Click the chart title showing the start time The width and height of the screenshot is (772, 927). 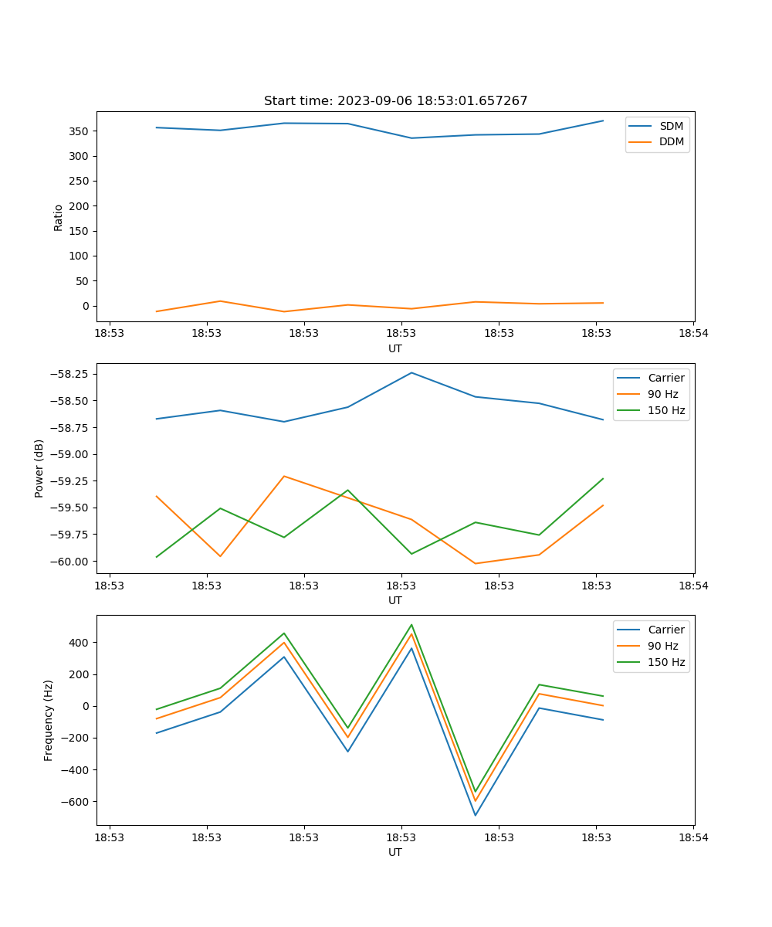(x=395, y=101)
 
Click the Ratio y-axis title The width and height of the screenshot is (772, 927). (x=59, y=217)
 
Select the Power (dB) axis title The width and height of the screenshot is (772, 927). (x=39, y=468)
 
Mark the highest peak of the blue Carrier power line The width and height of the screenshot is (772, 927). (x=411, y=373)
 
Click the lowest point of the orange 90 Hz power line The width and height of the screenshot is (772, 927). (x=476, y=563)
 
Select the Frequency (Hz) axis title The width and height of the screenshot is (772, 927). (x=49, y=720)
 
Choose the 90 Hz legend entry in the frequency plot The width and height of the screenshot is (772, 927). (x=662, y=646)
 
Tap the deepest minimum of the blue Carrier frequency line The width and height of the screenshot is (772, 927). (x=476, y=815)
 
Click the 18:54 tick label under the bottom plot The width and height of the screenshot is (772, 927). (x=693, y=837)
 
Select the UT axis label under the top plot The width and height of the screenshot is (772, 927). (x=395, y=348)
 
